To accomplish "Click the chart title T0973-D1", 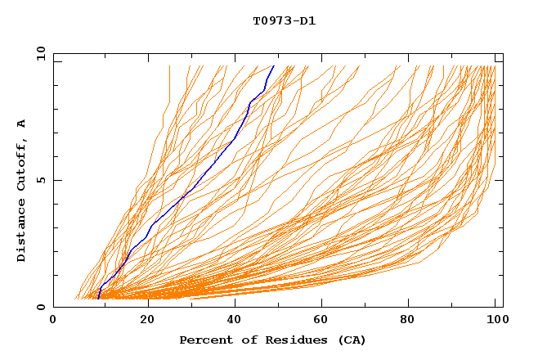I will (x=284, y=20).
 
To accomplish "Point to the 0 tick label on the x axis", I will (x=53, y=321).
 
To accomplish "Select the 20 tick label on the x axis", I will (x=146, y=321).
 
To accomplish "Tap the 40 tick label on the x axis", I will (x=235, y=321).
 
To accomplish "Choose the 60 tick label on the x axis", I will (x=324, y=321).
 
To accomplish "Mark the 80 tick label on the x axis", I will (x=412, y=321).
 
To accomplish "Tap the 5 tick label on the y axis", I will (x=41, y=180).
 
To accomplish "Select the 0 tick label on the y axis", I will (x=41, y=307).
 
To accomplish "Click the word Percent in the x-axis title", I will (x=204, y=340).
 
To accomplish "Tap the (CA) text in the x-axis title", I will (x=351, y=340).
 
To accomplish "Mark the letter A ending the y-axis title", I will (x=21, y=124).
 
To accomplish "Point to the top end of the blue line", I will (x=274, y=65).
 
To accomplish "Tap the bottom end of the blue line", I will (x=98, y=299).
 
